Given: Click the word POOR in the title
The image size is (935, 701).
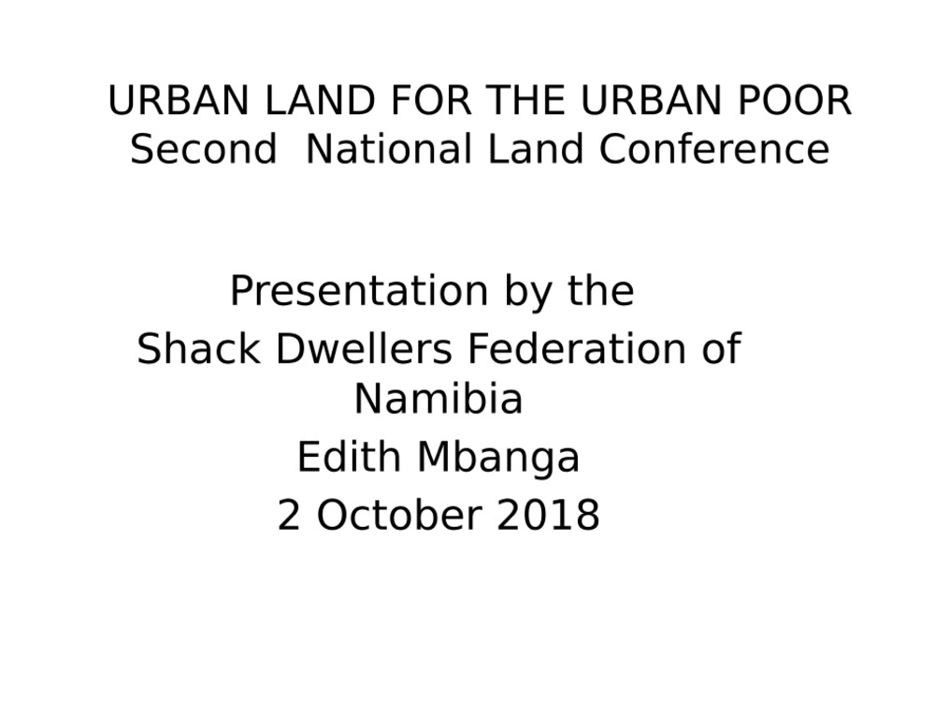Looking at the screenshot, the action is click(794, 100).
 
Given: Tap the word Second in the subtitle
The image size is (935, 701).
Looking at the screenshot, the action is click(204, 149).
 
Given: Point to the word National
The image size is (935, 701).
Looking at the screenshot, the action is click(389, 149).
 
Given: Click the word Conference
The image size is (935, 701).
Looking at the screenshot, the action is click(713, 149).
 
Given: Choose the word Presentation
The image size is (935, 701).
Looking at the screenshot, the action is click(360, 291).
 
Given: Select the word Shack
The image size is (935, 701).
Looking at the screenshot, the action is click(198, 348).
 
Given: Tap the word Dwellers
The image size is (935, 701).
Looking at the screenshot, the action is click(364, 348).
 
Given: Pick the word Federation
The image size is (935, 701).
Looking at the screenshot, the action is click(576, 348).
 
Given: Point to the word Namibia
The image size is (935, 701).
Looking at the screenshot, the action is click(439, 399).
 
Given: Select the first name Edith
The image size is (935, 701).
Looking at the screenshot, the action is click(348, 457).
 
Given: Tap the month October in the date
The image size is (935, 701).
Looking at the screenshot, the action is click(399, 515).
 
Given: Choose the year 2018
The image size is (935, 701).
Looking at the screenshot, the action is click(548, 515).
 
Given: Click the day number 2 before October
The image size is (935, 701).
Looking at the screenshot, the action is click(289, 515).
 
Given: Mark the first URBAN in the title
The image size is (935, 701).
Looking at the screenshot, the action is click(179, 100).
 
